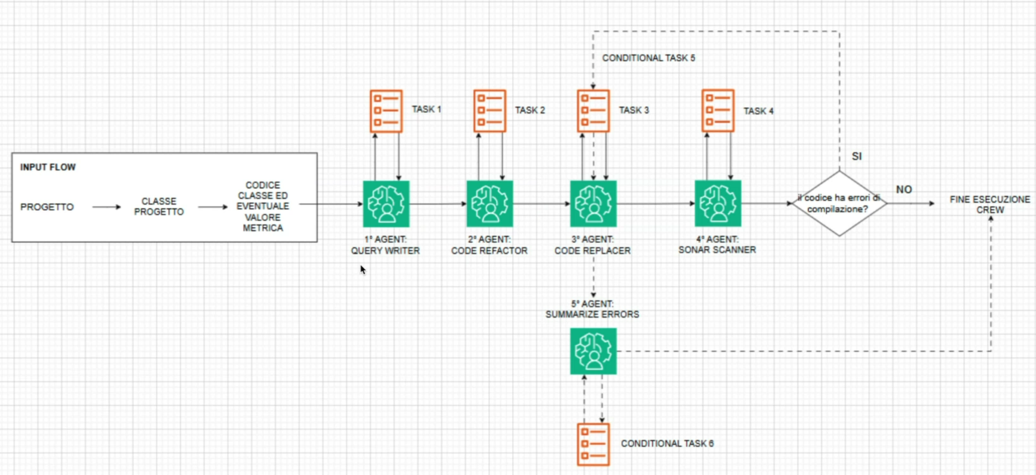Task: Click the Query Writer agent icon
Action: pyautogui.click(x=386, y=204)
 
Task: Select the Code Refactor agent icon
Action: pyautogui.click(x=490, y=204)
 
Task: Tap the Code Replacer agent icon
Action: pyautogui.click(x=593, y=204)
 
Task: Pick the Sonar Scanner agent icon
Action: pyautogui.click(x=718, y=203)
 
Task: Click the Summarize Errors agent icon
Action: pyautogui.click(x=593, y=351)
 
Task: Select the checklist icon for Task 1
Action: pyautogui.click(x=386, y=111)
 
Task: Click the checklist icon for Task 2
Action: pyautogui.click(x=490, y=111)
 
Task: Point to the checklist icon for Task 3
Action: pyautogui.click(x=593, y=111)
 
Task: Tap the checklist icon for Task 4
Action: pyautogui.click(x=718, y=110)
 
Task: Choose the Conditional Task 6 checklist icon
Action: pyautogui.click(x=593, y=444)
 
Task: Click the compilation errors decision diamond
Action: pyautogui.click(x=839, y=203)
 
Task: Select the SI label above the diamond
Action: pyautogui.click(x=856, y=156)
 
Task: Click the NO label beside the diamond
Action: pyautogui.click(x=904, y=190)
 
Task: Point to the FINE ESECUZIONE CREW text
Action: pyautogui.click(x=990, y=205)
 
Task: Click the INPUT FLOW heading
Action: pyautogui.click(x=48, y=167)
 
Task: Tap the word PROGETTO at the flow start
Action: pyautogui.click(x=47, y=207)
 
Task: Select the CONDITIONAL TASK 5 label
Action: pyautogui.click(x=649, y=58)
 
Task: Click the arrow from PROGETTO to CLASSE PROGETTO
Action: pyautogui.click(x=107, y=207)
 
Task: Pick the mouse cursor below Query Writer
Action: pyautogui.click(x=363, y=270)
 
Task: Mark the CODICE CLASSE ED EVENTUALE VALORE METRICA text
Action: pyautogui.click(x=263, y=207)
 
